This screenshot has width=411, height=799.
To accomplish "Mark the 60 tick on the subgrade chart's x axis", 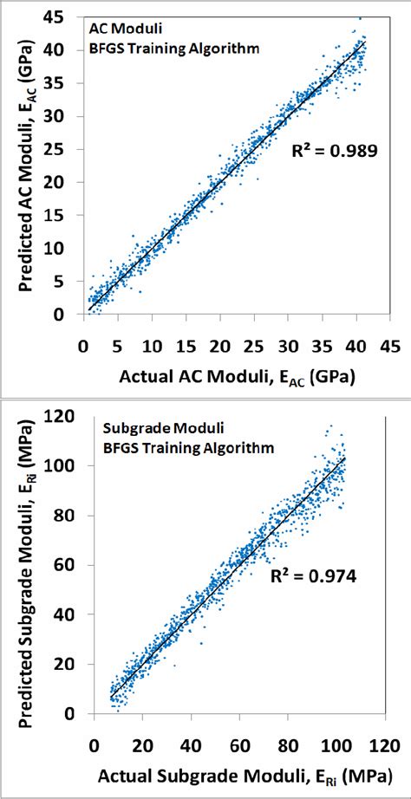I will click(x=235, y=744).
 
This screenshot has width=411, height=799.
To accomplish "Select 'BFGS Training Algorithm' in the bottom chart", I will click(x=189, y=447).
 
